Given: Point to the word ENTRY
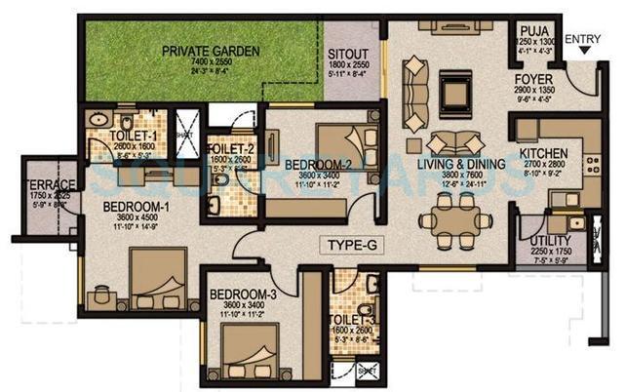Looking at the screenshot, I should pyautogui.click(x=583, y=39).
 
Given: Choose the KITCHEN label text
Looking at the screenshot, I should pyautogui.click(x=543, y=154).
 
